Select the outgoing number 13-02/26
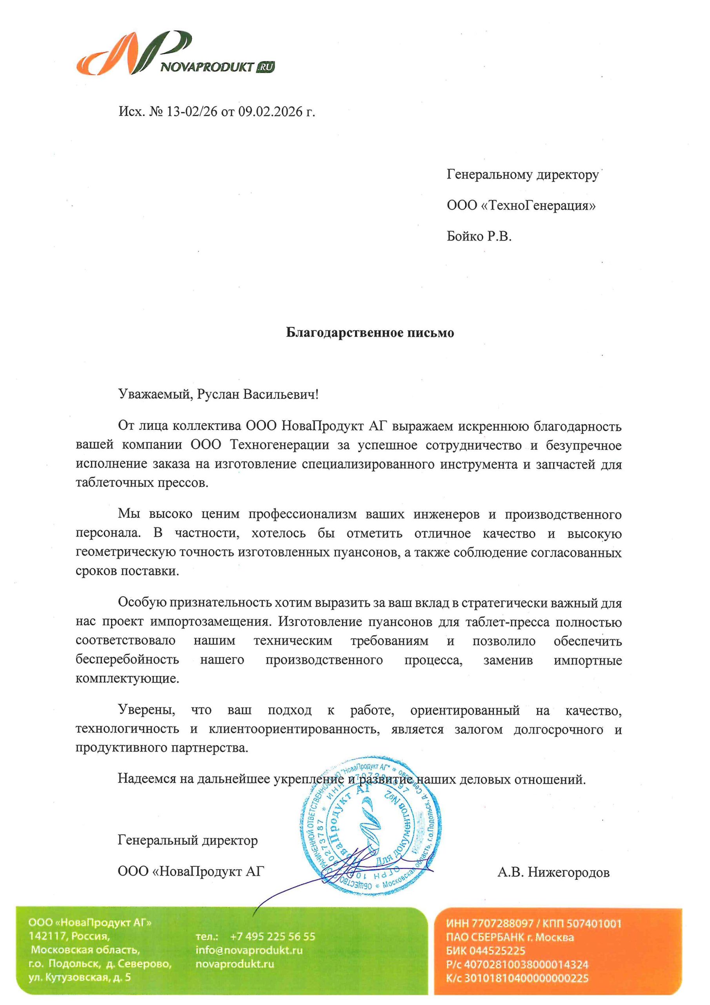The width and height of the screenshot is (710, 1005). click(191, 112)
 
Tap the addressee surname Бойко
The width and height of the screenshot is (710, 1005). click(464, 237)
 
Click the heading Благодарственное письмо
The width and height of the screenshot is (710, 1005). click(370, 333)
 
